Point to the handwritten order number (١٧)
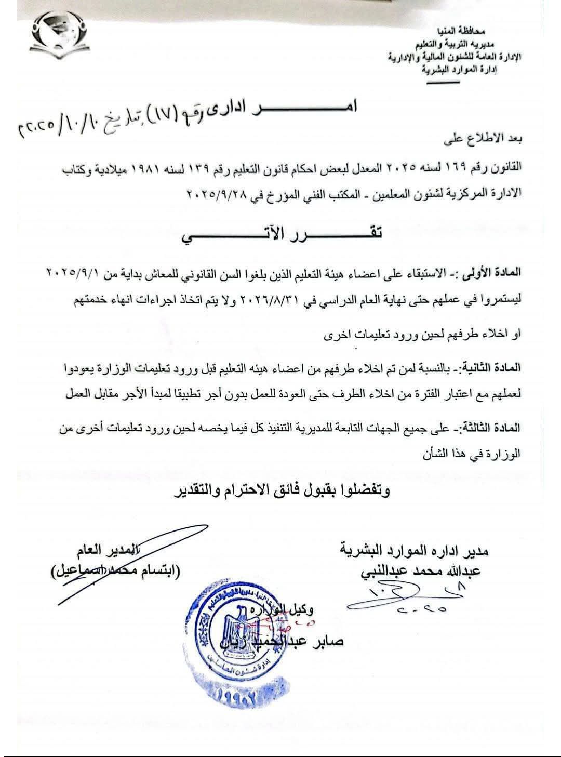(159, 111)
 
